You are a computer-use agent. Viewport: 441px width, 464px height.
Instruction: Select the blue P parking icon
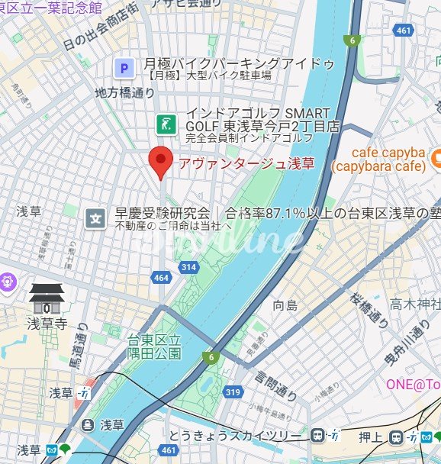point(123,68)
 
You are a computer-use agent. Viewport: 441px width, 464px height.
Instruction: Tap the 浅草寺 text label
point(47,324)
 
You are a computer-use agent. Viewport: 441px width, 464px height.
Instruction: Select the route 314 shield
point(188,266)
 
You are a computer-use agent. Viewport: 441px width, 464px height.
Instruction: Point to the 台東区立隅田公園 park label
point(155,346)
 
